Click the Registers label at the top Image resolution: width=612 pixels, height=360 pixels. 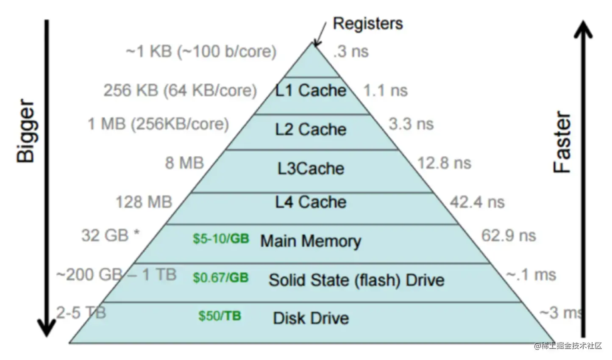[x=367, y=23]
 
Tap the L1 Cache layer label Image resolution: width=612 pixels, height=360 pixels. [x=311, y=90]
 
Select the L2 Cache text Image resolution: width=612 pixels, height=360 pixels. [x=311, y=130]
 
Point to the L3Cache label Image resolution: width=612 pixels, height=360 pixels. [x=311, y=169]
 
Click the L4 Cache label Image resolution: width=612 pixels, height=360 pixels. [x=311, y=202]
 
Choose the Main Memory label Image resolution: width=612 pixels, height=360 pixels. [x=311, y=241]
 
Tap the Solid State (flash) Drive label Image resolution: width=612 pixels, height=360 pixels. [x=356, y=280]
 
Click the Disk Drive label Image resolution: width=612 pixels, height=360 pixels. [x=311, y=318]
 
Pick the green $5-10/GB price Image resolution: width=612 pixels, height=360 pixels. [x=221, y=239]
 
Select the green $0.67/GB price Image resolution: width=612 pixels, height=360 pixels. [x=220, y=278]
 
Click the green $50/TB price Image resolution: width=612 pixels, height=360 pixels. [x=220, y=316]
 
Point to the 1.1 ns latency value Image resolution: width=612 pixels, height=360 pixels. [x=385, y=90]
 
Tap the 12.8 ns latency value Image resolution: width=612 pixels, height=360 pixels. [x=444, y=163]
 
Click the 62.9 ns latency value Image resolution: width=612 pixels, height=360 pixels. [x=508, y=235]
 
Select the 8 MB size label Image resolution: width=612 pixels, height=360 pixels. [x=184, y=163]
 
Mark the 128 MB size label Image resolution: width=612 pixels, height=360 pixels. [x=144, y=202]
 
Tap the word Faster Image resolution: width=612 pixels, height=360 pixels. [x=563, y=142]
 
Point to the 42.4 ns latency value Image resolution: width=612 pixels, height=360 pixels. [x=477, y=202]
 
